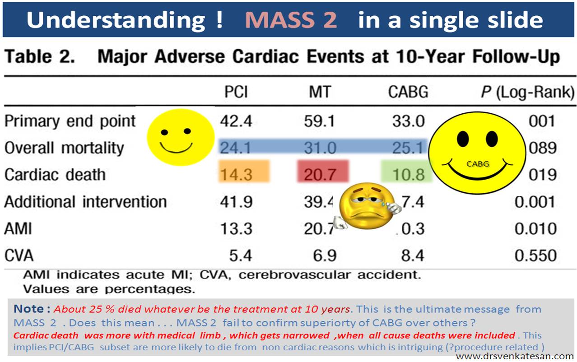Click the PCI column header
[236, 93]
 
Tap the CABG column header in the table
[408, 93]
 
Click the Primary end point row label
[70, 121]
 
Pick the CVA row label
[19, 255]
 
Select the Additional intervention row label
[85, 201]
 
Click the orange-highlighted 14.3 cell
[236, 175]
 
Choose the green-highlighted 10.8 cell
[407, 175]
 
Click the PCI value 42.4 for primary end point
[236, 121]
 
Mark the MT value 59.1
[320, 121]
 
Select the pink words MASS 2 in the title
[291, 20]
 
